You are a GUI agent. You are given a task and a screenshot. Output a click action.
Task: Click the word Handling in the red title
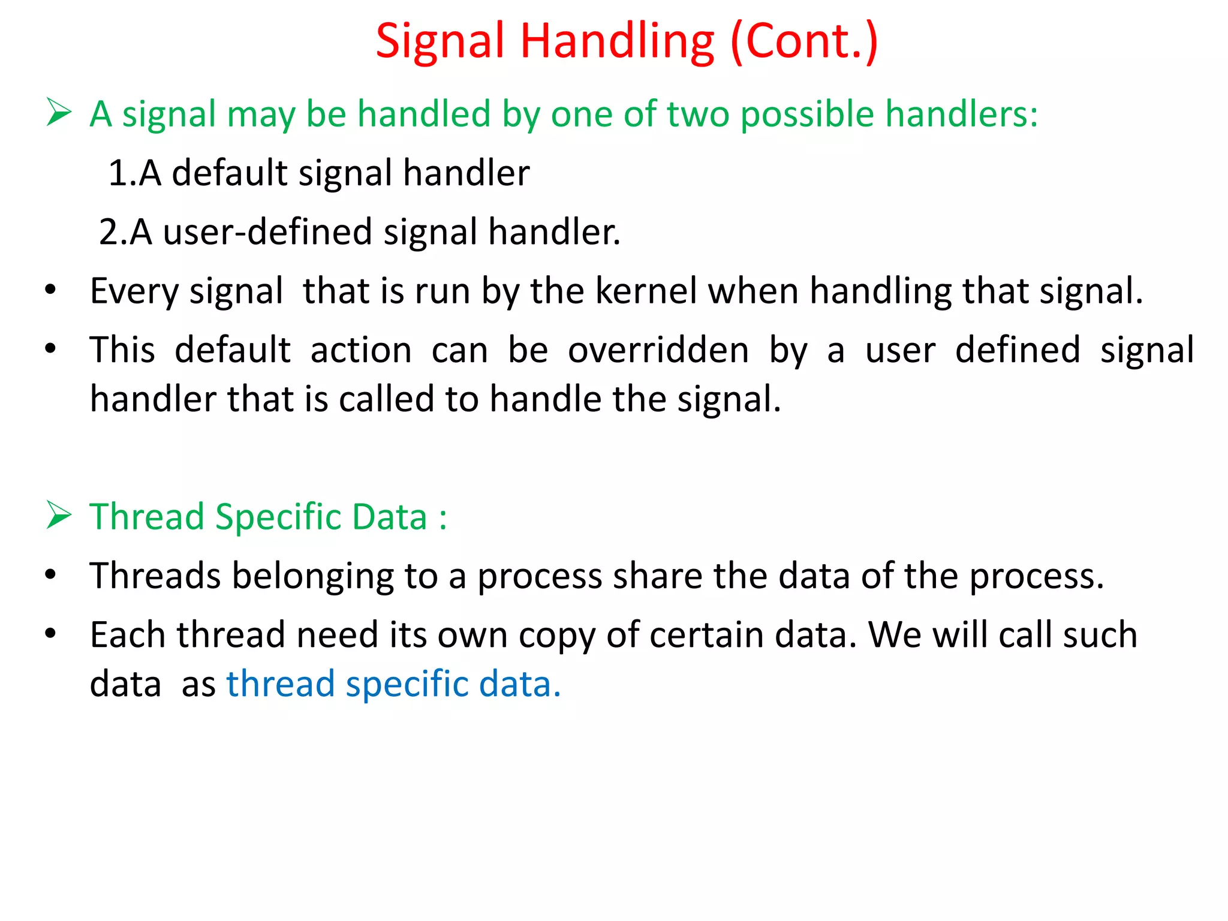[x=617, y=42]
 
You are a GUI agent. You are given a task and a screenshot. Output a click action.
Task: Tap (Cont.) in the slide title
[x=803, y=42]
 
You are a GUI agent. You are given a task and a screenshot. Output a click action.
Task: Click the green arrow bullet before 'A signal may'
[x=59, y=113]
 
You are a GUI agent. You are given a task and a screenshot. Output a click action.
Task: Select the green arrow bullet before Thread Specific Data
[x=59, y=516]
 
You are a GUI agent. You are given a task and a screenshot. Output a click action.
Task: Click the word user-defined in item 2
[x=267, y=232]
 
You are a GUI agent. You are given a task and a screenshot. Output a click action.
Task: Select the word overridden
[x=658, y=350]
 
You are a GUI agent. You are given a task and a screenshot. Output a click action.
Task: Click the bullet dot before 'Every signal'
[x=50, y=290]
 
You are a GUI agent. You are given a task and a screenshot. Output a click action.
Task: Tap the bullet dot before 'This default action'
[x=50, y=348]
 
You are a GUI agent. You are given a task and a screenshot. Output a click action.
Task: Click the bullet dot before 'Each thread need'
[x=50, y=633]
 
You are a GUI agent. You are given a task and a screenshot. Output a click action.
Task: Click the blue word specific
[x=407, y=685]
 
